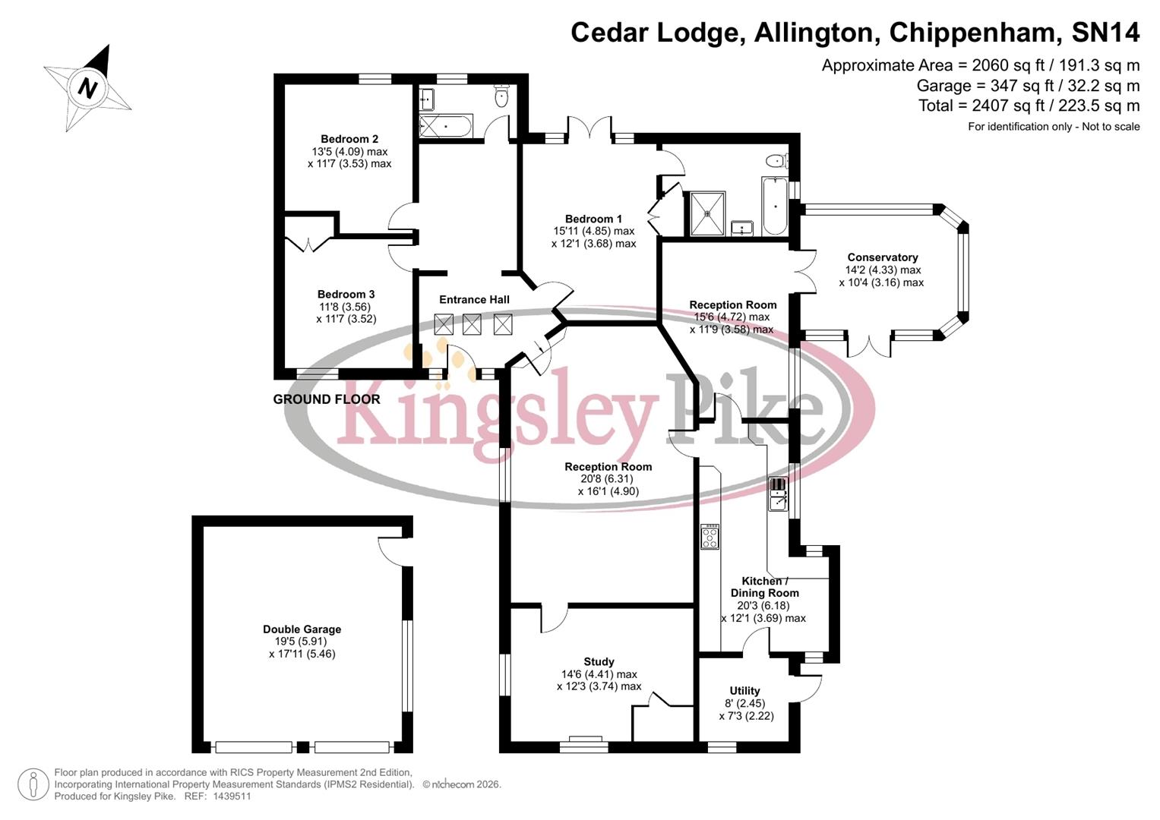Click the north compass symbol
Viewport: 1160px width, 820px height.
tap(88, 87)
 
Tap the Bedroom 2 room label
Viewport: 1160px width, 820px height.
tap(349, 139)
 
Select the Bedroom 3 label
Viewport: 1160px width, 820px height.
tap(346, 295)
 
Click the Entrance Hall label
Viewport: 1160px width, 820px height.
tap(474, 300)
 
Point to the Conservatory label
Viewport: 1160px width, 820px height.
tap(882, 257)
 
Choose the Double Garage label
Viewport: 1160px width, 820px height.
tap(302, 629)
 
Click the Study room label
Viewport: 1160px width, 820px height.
tap(599, 662)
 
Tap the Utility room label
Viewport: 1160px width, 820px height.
tap(744, 691)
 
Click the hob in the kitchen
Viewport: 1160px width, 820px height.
tap(710, 537)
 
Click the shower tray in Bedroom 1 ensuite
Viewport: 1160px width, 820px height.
tap(707, 213)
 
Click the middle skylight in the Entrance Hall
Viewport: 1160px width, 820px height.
tap(472, 325)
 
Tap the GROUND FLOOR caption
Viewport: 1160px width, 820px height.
tap(327, 399)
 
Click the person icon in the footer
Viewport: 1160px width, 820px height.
tap(33, 784)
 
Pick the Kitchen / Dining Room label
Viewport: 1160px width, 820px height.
tap(764, 587)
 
